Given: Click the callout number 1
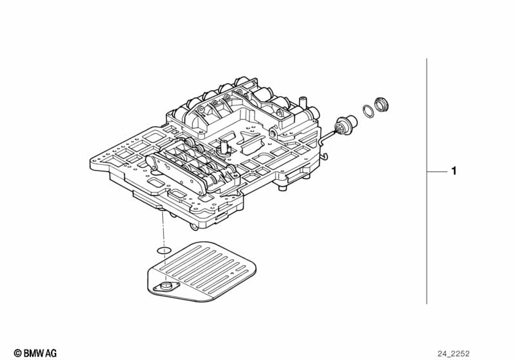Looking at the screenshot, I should point(454,171).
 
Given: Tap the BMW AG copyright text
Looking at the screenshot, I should point(35,352).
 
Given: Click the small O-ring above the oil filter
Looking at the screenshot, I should point(164,250).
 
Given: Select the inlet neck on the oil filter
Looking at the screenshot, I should point(168,287).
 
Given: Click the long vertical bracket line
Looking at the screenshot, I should point(427,180).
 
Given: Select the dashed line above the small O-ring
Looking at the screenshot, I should point(164,229).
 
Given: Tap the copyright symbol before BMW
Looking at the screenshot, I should point(17,353).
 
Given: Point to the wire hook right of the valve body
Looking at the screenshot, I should point(326,155).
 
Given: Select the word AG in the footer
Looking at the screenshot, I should point(50,353).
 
